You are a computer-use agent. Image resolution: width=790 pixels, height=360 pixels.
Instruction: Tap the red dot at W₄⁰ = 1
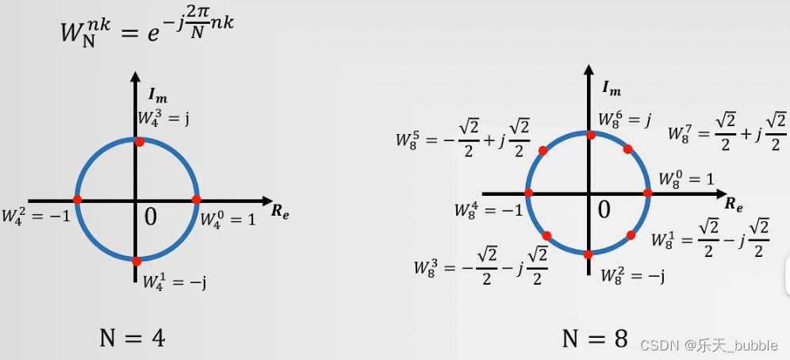(196, 200)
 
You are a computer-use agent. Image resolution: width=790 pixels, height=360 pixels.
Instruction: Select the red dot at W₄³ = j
(140, 142)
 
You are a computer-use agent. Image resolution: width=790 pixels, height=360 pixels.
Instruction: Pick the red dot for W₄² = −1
(78, 200)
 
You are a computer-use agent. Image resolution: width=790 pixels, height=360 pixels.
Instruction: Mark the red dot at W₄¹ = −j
(136, 261)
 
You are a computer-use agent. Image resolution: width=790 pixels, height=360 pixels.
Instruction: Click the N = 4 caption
(132, 339)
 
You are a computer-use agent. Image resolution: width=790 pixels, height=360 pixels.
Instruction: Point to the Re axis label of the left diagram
(279, 212)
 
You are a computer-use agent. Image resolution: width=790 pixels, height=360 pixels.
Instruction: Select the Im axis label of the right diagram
(612, 87)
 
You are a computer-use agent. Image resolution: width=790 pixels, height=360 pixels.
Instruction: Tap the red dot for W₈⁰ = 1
(647, 193)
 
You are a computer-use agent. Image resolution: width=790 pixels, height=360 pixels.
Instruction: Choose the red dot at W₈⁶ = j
(590, 135)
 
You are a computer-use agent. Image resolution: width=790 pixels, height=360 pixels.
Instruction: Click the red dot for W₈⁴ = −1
(528, 193)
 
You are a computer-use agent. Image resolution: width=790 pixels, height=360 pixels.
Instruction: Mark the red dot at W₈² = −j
(588, 255)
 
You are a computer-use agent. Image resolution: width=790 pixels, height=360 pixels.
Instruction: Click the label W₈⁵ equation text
(463, 139)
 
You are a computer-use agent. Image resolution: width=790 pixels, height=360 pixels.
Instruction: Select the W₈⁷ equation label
(726, 132)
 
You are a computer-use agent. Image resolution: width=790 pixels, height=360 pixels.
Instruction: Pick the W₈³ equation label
(481, 266)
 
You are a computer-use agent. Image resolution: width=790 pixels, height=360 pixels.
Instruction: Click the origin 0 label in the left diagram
(151, 216)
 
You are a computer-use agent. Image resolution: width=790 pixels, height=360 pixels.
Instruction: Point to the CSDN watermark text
(708, 345)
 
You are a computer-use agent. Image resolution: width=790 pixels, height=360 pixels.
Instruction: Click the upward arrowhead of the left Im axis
(136, 79)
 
